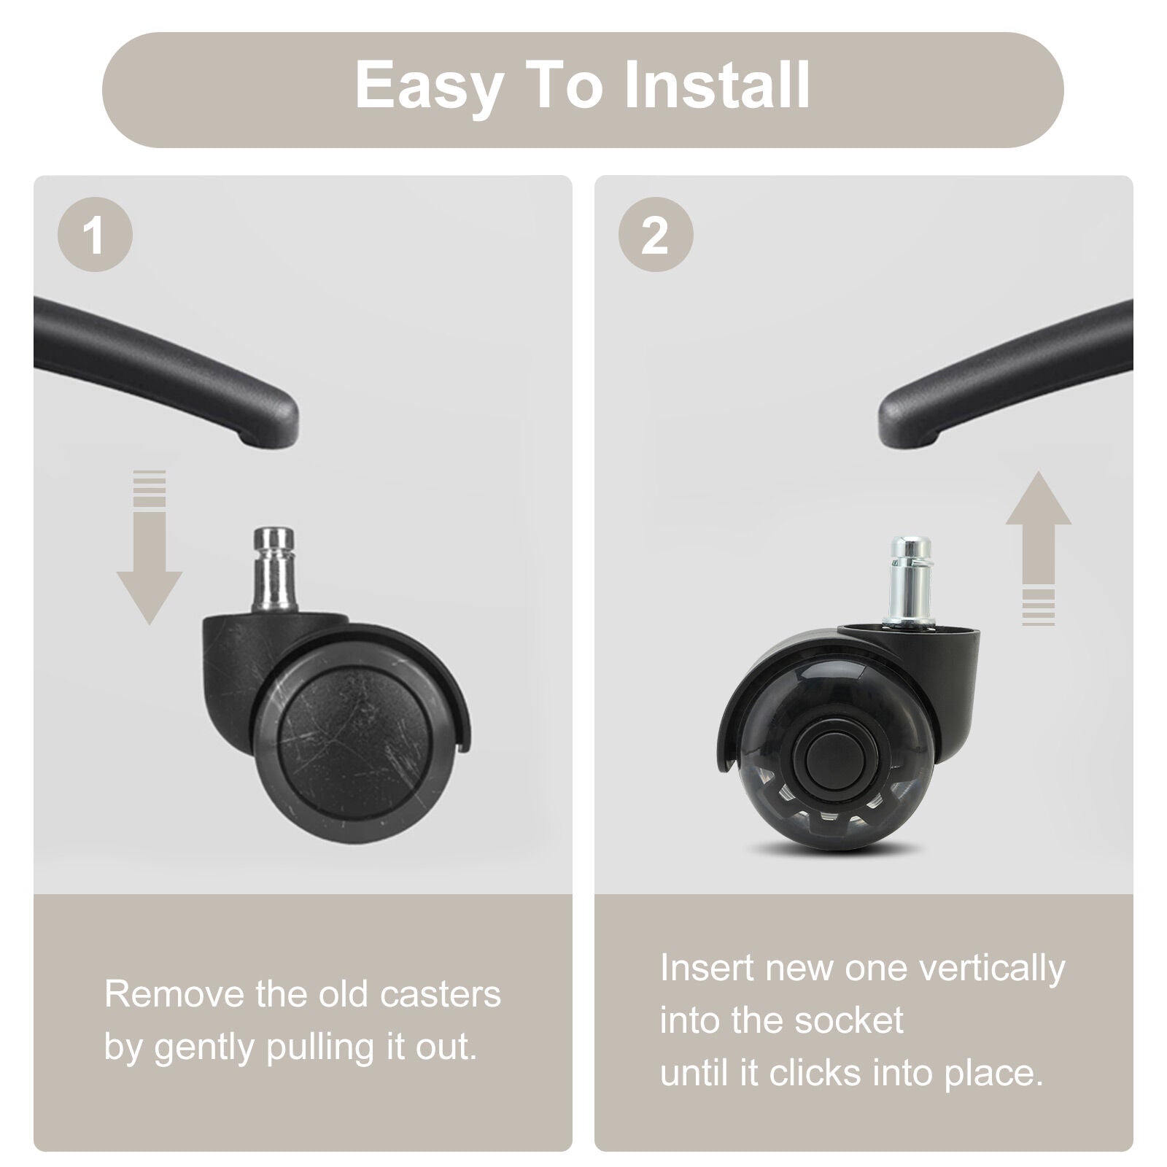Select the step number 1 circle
pyautogui.click(x=95, y=235)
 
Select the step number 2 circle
pyautogui.click(x=656, y=235)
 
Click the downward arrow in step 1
pyautogui.click(x=150, y=547)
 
